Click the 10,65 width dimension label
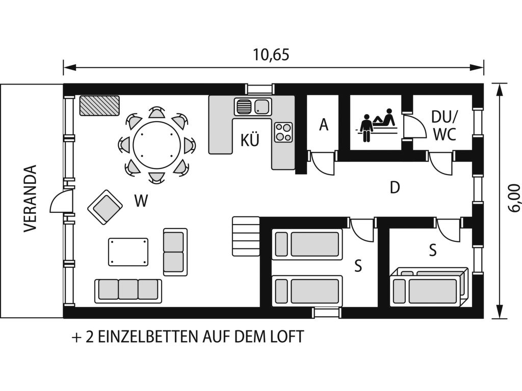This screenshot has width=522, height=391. (x=271, y=55)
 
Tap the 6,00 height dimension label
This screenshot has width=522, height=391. (x=514, y=198)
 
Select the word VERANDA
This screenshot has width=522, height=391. (x=30, y=199)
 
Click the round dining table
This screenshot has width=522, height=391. (x=157, y=145)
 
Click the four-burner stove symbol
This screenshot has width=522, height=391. (x=283, y=132)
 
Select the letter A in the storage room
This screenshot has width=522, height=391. (x=324, y=125)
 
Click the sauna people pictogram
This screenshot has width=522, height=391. (x=377, y=125)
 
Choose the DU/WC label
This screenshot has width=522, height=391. (x=445, y=126)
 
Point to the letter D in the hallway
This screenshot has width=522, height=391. (x=395, y=188)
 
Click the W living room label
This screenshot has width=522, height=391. (x=141, y=201)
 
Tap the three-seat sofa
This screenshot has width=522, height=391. (x=128, y=291)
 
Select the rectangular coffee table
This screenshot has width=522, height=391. (x=128, y=252)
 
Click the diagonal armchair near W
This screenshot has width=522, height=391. (x=105, y=207)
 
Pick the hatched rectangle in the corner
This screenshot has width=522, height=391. (x=99, y=105)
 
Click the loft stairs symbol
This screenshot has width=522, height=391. (x=246, y=236)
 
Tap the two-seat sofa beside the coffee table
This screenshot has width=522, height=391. (x=175, y=252)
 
